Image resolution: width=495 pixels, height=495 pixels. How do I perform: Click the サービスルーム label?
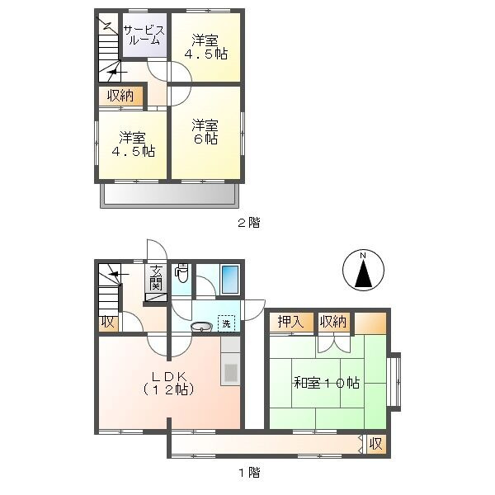click(144, 35)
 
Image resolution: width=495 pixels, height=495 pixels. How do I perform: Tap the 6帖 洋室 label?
click(205, 132)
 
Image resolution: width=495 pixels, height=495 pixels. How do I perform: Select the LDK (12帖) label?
click(168, 384)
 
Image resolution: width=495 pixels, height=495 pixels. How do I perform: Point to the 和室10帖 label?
click(327, 383)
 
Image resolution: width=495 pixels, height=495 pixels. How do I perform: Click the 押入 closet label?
click(290, 322)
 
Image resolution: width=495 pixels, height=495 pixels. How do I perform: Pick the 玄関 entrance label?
click(156, 278)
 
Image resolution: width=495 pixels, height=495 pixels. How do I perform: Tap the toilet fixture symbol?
click(181, 272)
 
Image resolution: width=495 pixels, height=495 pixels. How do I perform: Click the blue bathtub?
click(230, 280)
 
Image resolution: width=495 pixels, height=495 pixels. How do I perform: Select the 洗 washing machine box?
click(226, 323)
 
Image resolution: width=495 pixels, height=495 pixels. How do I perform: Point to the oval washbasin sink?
click(201, 327)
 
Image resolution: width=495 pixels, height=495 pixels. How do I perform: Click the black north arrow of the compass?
click(364, 272)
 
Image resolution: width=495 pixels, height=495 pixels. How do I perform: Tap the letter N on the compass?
click(363, 255)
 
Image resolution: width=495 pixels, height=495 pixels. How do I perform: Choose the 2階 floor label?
click(249, 223)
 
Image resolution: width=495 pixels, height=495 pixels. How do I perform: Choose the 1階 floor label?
click(249, 473)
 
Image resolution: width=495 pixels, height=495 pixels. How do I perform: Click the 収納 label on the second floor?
click(120, 96)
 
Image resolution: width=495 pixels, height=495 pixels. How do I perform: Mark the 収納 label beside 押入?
click(333, 322)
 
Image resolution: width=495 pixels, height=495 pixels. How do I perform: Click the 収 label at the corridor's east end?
click(376, 444)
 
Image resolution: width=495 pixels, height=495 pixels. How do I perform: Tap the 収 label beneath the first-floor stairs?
click(107, 323)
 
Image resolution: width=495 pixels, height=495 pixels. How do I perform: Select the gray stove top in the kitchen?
click(231, 373)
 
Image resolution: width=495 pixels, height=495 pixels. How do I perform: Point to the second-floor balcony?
click(168, 196)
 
